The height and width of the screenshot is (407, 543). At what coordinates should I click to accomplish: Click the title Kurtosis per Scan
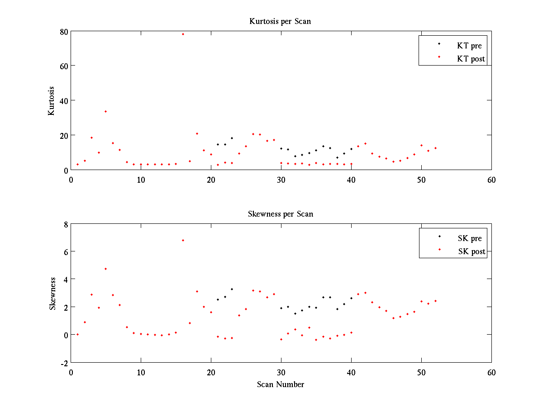click(x=280, y=21)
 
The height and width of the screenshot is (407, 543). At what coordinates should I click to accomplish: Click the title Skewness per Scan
click(x=280, y=214)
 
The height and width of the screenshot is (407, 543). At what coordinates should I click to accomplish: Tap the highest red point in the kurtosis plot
click(x=183, y=34)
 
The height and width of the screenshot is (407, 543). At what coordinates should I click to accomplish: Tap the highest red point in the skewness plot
click(x=183, y=240)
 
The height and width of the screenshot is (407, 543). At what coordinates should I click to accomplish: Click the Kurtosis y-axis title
click(x=52, y=101)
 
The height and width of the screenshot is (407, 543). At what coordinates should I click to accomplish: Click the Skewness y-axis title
click(x=52, y=293)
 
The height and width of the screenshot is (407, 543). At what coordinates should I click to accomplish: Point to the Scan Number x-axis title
click(x=281, y=384)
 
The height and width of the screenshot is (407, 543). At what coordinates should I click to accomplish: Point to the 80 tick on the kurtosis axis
click(x=64, y=31)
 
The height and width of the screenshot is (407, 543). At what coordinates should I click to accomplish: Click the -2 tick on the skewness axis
click(x=63, y=363)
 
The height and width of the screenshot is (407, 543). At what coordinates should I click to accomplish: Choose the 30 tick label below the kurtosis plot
click(x=281, y=180)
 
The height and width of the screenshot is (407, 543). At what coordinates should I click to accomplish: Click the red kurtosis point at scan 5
click(x=105, y=111)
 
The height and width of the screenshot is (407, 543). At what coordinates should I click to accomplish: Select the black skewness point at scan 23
click(x=232, y=289)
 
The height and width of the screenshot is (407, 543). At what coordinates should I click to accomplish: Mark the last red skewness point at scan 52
click(x=435, y=301)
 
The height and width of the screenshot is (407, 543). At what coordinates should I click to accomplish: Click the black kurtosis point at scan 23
click(x=232, y=138)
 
